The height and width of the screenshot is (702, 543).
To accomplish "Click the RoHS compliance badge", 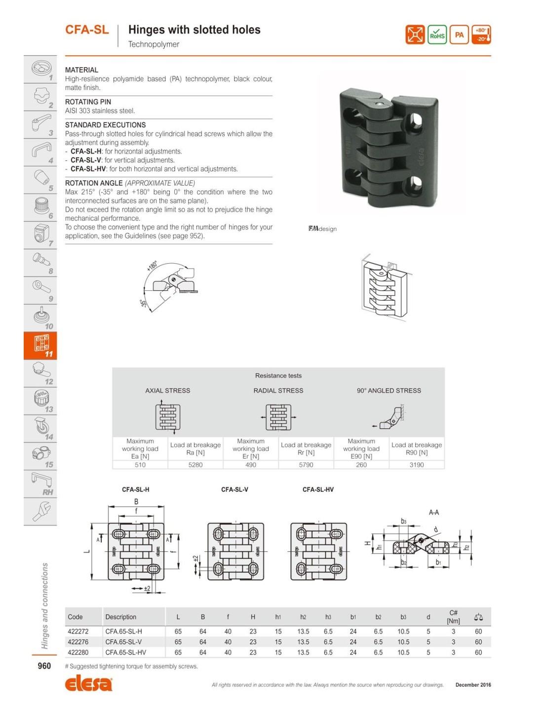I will tap(437, 35).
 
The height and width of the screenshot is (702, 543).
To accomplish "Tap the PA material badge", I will tap(459, 35).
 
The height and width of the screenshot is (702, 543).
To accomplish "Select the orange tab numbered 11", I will tap(40, 345).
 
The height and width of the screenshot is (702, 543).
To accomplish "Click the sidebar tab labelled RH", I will tap(40, 483).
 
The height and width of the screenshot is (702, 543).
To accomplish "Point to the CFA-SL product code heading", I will tap(87, 30).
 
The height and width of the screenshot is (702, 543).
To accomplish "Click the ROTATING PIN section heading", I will tap(88, 102).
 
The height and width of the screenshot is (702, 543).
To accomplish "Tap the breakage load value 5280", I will tap(195, 465).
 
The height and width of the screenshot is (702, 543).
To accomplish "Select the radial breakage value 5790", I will tap(306, 465).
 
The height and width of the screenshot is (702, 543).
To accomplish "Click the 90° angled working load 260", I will tap(361, 465).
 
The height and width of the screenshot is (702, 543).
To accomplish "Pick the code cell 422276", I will tap(78, 642).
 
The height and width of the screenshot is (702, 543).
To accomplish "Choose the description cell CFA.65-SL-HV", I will tap(126, 652).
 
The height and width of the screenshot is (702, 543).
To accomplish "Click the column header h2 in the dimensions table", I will tap(303, 617).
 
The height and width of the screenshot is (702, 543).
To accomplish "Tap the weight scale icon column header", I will tap(478, 617).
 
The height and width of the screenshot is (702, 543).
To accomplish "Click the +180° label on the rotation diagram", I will tap(152, 266).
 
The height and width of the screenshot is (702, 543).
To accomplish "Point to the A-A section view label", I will tap(434, 512).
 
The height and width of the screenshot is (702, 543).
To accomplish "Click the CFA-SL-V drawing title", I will tap(234, 490).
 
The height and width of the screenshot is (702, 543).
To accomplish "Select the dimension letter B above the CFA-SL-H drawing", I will tap(136, 502).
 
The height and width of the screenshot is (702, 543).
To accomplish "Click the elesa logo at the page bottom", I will tap(89, 684).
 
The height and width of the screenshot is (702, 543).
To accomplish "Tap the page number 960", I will tap(44, 666).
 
